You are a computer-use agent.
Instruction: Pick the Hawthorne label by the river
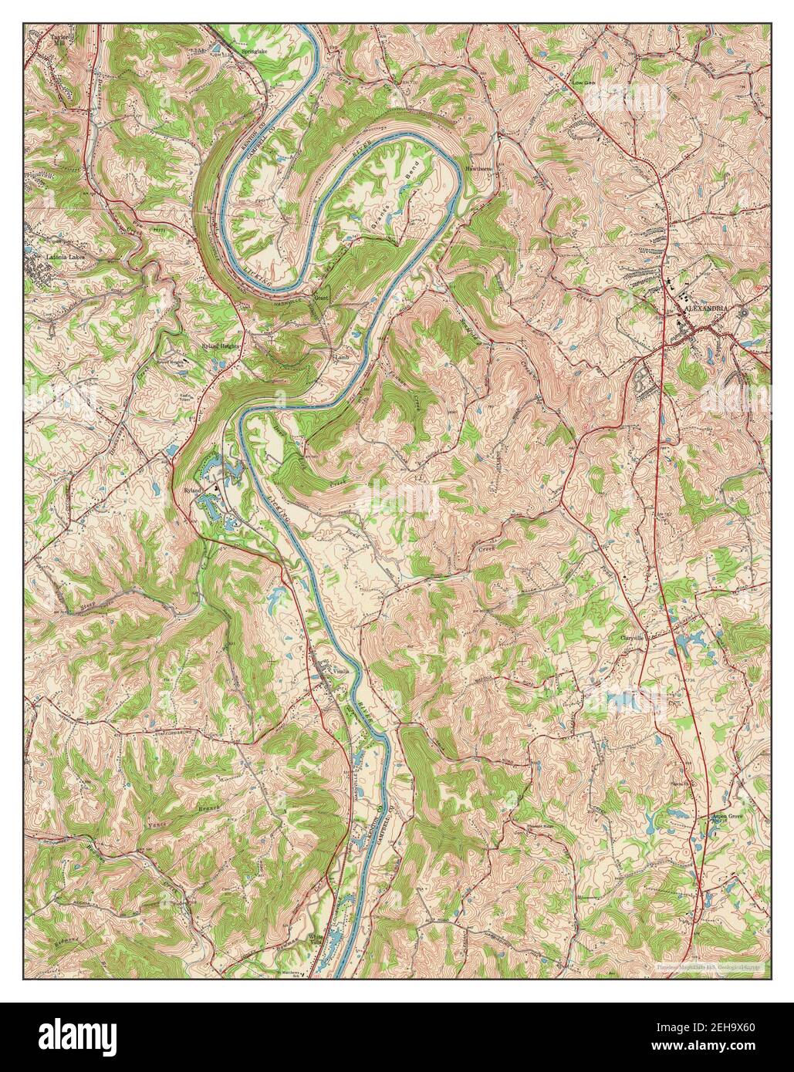pyautogui.click(x=478, y=167)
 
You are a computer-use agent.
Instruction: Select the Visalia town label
pyautogui.click(x=340, y=670)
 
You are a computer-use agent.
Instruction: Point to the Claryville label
pyautogui.click(x=631, y=638)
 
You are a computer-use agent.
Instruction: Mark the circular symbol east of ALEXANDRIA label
pyautogui.click(x=742, y=313)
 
